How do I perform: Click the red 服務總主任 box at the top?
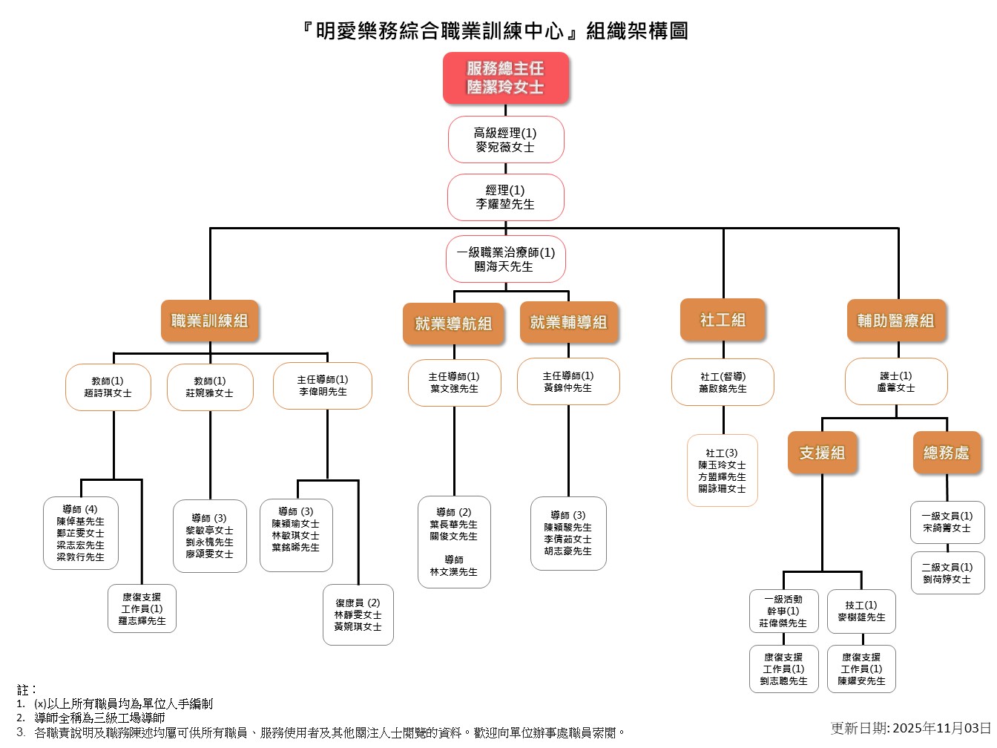click(x=506, y=77)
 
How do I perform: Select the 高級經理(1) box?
click(x=506, y=140)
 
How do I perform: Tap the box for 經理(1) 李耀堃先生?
click(x=506, y=197)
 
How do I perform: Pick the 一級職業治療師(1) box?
click(x=506, y=259)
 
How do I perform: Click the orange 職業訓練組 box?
click(x=210, y=321)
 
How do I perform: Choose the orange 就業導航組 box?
click(x=453, y=324)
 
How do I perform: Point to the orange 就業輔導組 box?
click(x=569, y=322)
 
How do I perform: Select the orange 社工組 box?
click(x=723, y=320)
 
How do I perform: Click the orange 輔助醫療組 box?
click(x=896, y=321)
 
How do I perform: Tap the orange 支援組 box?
click(x=822, y=453)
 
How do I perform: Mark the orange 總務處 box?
click(x=947, y=453)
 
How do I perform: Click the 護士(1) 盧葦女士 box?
click(x=896, y=381)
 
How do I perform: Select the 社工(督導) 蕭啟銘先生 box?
click(x=723, y=382)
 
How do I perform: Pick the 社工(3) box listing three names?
click(x=723, y=470)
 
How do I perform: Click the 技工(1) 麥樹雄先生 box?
click(x=862, y=611)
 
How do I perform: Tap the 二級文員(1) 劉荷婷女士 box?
click(x=947, y=573)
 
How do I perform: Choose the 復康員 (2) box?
click(x=358, y=615)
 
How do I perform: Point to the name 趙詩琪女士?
click(x=108, y=393)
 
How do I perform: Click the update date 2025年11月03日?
click(x=941, y=728)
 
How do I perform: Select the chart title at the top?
click(x=496, y=31)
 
